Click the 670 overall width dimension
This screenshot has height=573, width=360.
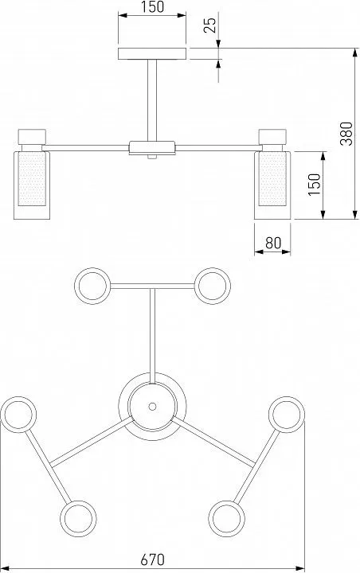[153, 559]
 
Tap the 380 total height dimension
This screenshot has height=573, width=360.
[346, 134]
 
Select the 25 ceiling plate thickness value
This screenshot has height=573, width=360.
[209, 25]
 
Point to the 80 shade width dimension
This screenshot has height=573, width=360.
[273, 243]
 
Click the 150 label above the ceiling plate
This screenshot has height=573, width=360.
[152, 6]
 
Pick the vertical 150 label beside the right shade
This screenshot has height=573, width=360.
[314, 185]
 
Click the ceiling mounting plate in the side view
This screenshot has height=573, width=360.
[152, 54]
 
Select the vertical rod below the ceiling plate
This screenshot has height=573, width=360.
[152, 100]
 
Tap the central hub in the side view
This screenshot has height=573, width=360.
[152, 148]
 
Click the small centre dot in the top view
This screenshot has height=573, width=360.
[153, 407]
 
